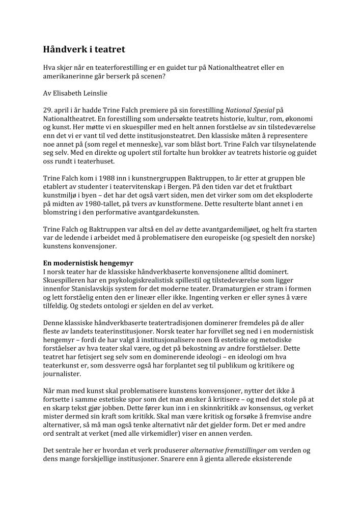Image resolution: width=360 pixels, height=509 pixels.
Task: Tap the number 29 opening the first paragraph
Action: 47,109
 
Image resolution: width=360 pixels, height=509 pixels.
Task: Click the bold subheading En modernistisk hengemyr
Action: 88,264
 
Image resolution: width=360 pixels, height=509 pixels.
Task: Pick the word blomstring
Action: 62,212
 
